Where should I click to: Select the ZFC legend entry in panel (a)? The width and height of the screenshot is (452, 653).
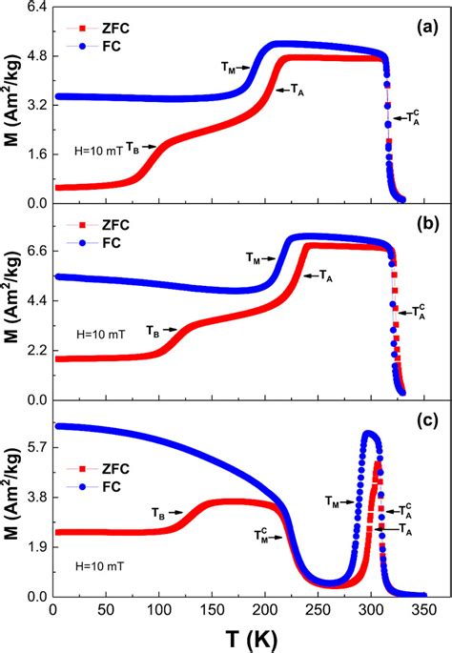click(x=113, y=26)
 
